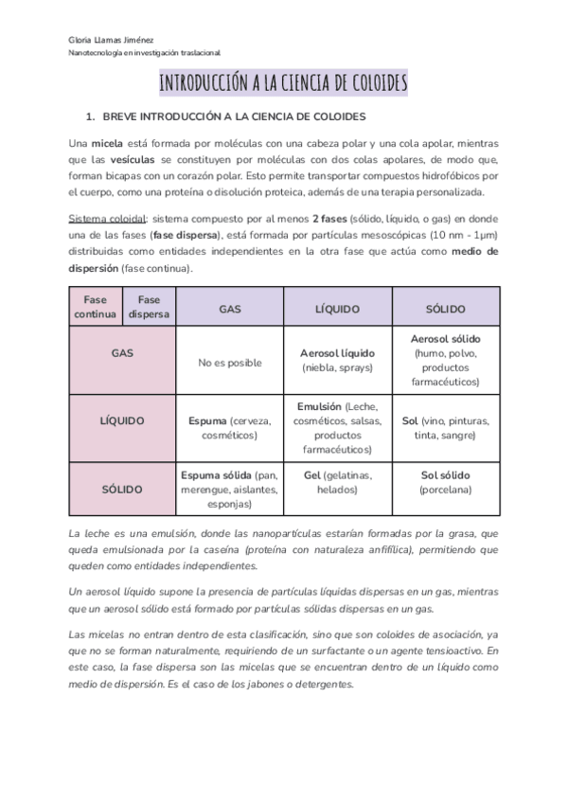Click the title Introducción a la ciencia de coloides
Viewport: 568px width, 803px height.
(283, 83)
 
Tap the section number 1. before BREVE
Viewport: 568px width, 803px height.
(90, 116)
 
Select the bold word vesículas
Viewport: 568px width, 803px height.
(131, 159)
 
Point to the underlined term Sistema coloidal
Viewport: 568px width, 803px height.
(106, 219)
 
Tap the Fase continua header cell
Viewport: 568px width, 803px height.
(96, 307)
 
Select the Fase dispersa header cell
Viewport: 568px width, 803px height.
(150, 307)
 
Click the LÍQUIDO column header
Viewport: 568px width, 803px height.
(338, 309)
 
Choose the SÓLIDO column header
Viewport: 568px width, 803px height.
(445, 309)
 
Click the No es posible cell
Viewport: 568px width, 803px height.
(229, 362)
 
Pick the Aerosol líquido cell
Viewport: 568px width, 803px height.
(338, 359)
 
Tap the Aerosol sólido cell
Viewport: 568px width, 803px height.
(445, 360)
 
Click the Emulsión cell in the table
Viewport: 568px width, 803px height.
(338, 427)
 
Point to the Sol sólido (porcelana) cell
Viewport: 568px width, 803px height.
(445, 482)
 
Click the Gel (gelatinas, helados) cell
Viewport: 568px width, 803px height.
(338, 482)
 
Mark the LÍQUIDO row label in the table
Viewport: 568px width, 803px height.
(122, 419)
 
